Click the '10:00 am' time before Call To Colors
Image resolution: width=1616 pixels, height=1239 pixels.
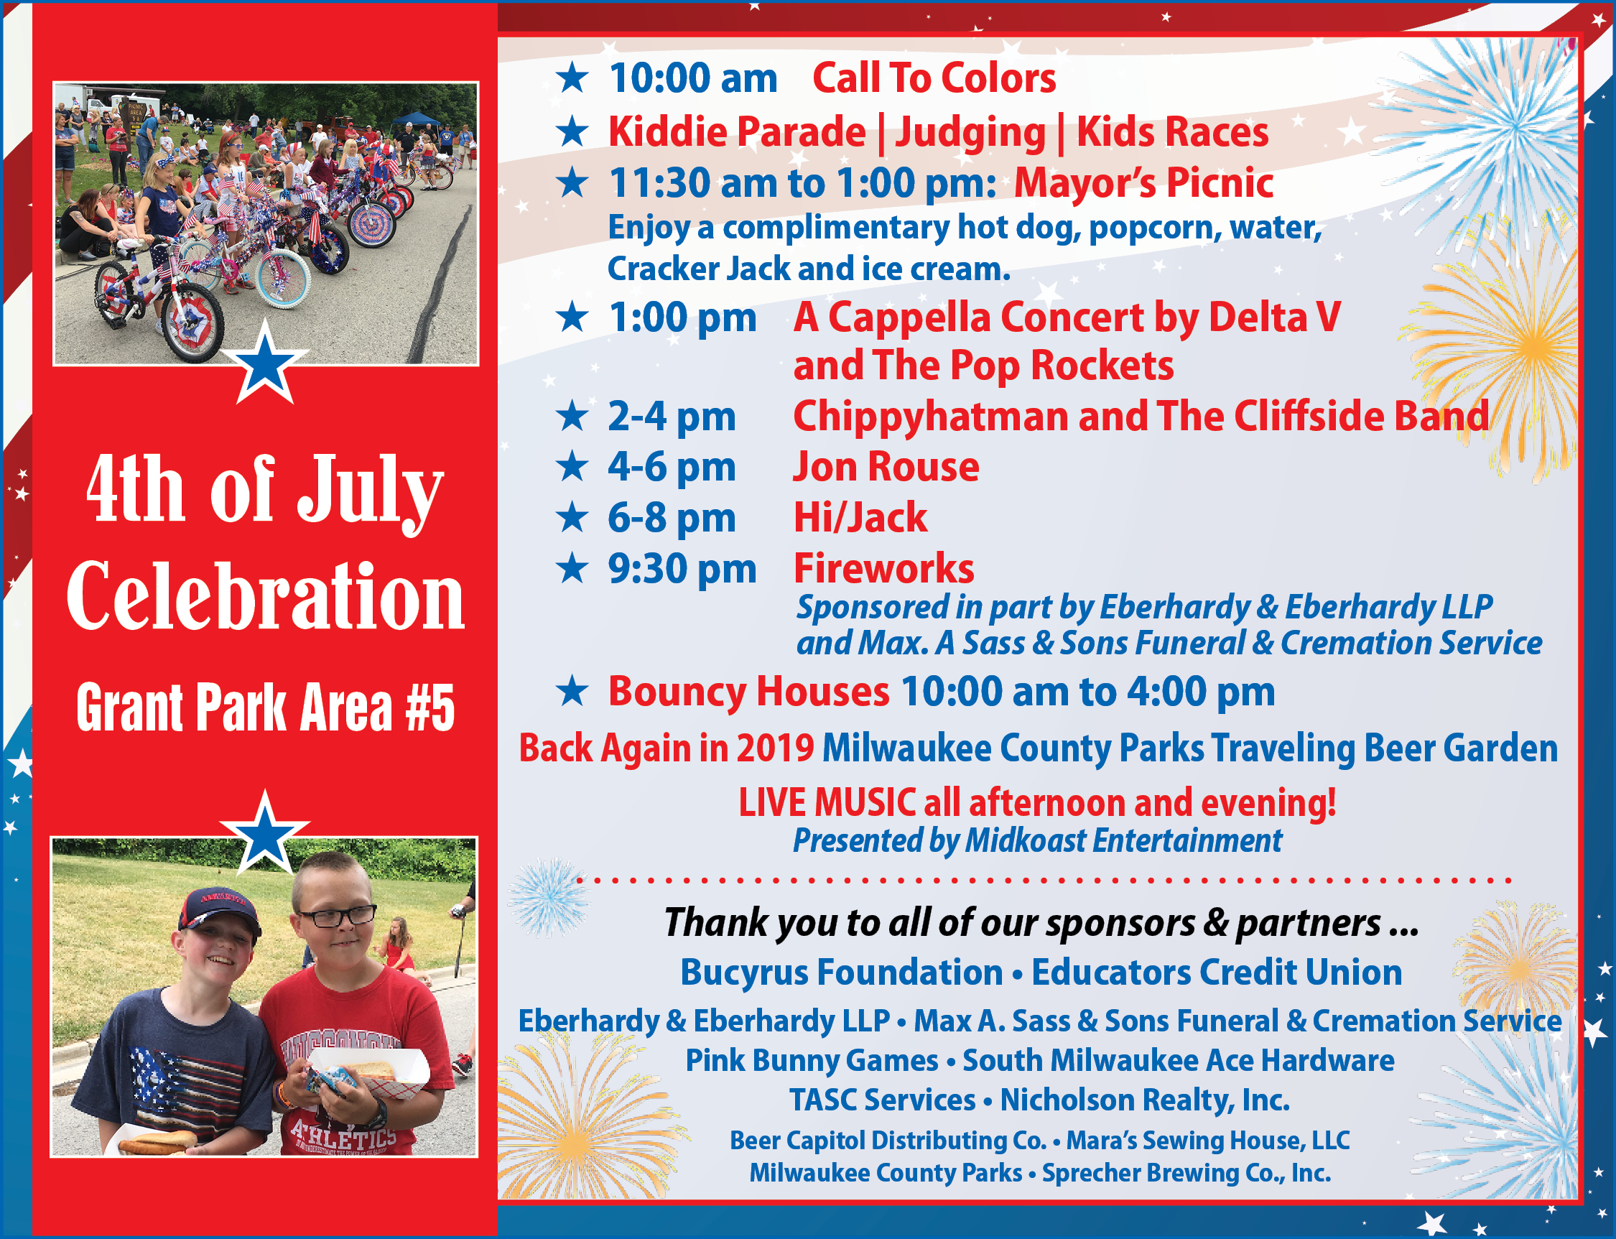[692, 78]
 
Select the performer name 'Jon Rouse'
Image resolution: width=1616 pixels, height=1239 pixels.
[886, 467]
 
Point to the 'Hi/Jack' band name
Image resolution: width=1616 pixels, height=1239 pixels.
[860, 517]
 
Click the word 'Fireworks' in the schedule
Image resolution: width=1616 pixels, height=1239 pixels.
[883, 568]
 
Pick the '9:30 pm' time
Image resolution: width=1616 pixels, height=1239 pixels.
[682, 569]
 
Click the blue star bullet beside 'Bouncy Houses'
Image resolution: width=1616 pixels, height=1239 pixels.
[572, 691]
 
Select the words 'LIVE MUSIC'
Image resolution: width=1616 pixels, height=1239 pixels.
[827, 802]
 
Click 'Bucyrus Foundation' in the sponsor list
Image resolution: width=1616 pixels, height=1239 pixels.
[842, 972]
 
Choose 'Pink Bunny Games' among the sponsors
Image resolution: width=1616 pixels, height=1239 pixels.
[812, 1061]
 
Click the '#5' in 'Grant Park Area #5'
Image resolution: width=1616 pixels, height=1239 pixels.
[429, 707]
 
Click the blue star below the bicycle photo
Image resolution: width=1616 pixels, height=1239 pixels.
[265, 363]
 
